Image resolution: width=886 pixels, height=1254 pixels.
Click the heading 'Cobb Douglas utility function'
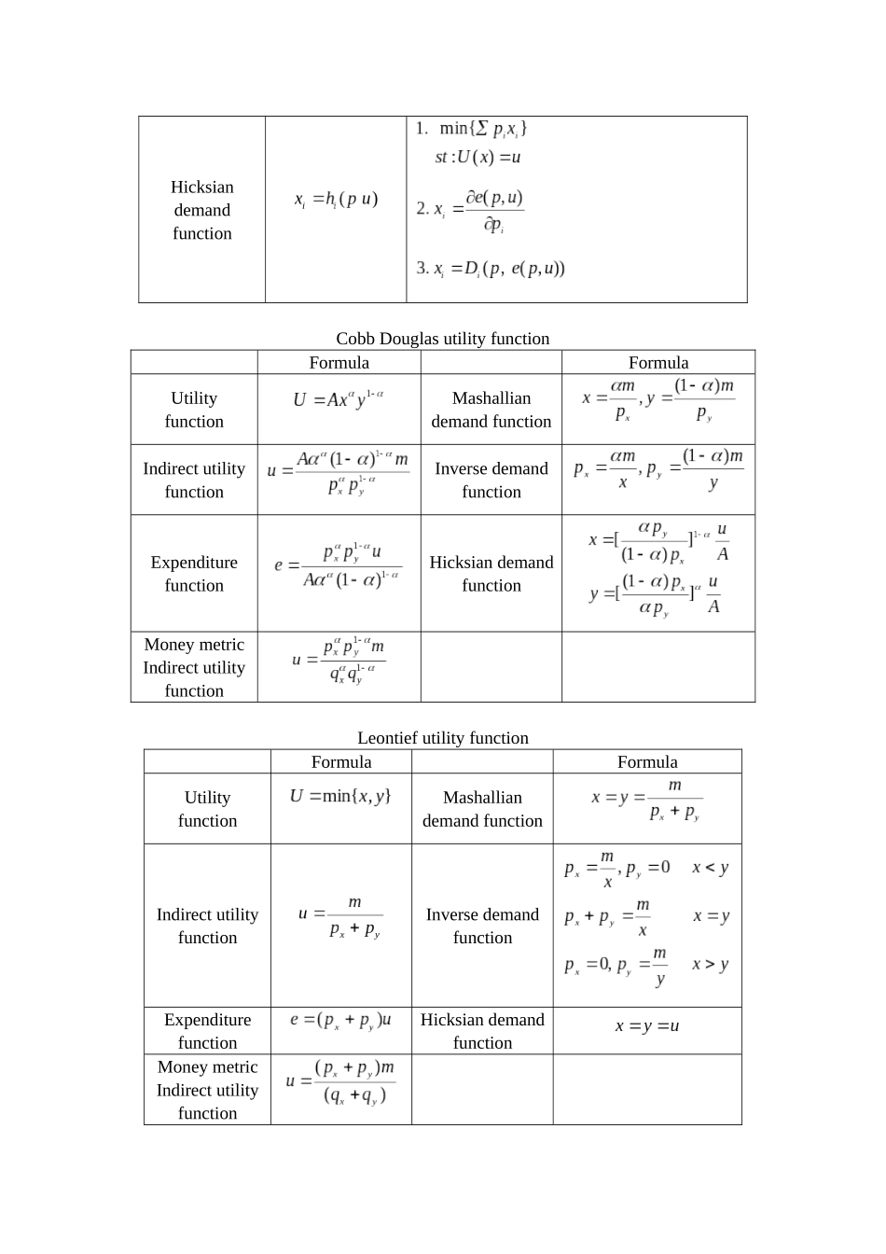coord(442,339)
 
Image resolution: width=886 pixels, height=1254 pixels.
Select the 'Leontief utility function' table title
coord(442,738)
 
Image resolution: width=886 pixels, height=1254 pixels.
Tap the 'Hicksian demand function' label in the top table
coord(201,210)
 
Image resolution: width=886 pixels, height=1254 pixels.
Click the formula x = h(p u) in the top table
coord(336,200)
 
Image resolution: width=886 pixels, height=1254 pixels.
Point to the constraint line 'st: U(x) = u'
coord(478,157)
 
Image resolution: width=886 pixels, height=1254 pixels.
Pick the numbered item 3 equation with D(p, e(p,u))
coord(491,269)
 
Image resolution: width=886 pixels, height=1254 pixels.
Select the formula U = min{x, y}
coord(340,797)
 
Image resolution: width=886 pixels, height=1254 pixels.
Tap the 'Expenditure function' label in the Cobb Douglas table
coord(194,574)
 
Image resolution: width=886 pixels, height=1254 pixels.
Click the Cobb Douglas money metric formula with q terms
coord(339,660)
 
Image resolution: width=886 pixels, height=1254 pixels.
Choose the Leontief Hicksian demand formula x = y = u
coord(646,1026)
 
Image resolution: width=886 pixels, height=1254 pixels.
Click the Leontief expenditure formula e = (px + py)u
coord(340,1020)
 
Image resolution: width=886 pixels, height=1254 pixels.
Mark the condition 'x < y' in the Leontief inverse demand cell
coord(710,868)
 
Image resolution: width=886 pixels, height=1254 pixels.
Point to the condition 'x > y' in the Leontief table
coord(710,965)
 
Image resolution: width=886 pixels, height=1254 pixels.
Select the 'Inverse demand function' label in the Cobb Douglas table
coord(491,480)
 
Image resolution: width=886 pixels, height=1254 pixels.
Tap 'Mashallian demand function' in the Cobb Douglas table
coord(491,410)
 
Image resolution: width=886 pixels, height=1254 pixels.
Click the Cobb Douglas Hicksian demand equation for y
coord(656,594)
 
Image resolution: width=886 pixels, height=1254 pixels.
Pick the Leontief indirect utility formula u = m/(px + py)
coord(340,916)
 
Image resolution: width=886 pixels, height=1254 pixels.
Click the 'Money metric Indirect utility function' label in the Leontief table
coord(207,1090)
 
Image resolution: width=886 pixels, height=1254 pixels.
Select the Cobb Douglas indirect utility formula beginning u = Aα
coord(339,472)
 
